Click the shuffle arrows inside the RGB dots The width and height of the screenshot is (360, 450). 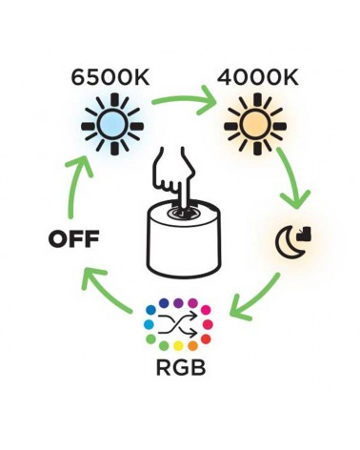click(179, 325)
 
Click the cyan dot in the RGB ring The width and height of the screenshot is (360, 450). click(150, 325)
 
